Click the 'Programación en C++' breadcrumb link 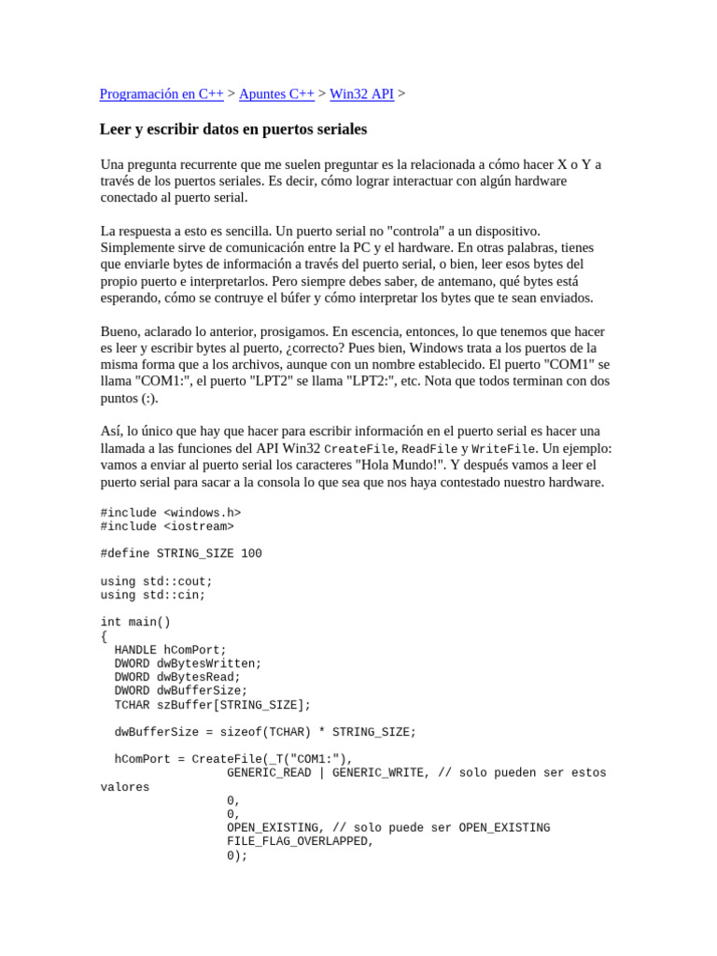coord(162,94)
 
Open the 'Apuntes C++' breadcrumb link coord(276,94)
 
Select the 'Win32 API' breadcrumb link coord(361,94)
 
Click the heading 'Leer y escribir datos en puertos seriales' coord(233,129)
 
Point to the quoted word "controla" coord(416,231)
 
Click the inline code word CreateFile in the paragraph coord(358,449)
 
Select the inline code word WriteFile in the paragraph coord(504,449)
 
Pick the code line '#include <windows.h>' coord(171,513)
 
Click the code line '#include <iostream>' coord(167,527)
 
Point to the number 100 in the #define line coord(251,554)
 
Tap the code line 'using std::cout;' coord(157,582)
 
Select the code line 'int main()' coord(135,622)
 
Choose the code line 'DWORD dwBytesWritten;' coord(189,664)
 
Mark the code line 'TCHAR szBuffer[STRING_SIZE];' coord(213,705)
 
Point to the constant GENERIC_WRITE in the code coord(377,773)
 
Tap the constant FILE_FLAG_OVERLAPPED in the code coord(299,841)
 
